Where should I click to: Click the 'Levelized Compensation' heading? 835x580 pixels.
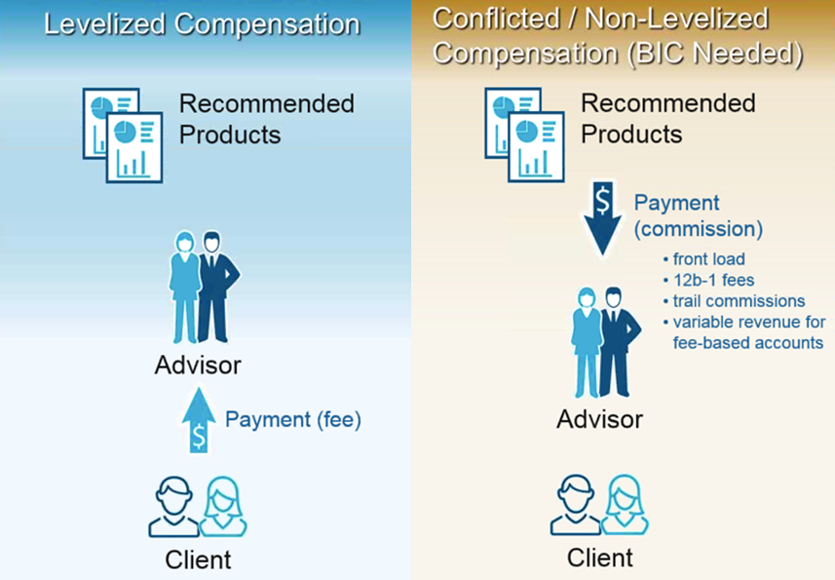[x=202, y=25]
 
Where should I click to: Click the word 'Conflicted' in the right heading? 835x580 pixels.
[x=496, y=19]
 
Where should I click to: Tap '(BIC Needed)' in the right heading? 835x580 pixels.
[x=715, y=54]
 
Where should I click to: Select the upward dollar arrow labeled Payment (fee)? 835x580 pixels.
[x=199, y=420]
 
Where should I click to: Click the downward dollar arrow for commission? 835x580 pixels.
[x=602, y=218]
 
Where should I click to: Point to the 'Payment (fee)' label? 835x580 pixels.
[x=293, y=420]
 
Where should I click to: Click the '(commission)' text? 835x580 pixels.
[x=699, y=229]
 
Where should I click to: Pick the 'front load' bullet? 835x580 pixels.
[x=704, y=259]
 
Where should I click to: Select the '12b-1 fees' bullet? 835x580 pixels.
[x=708, y=280]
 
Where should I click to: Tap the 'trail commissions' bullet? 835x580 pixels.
[x=734, y=301]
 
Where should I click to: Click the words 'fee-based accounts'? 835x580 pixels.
[x=748, y=342]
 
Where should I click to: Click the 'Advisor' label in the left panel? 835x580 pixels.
[x=198, y=366]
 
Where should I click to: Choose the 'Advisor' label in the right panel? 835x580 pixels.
[x=599, y=420]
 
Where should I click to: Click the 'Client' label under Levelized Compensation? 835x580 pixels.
[x=198, y=560]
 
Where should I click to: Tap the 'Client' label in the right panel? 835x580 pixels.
[x=599, y=559]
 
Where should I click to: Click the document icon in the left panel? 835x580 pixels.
[x=123, y=135]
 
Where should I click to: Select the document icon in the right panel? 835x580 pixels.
[x=524, y=135]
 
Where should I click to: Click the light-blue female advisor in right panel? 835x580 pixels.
[x=587, y=342]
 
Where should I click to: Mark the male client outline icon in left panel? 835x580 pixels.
[x=173, y=506]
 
